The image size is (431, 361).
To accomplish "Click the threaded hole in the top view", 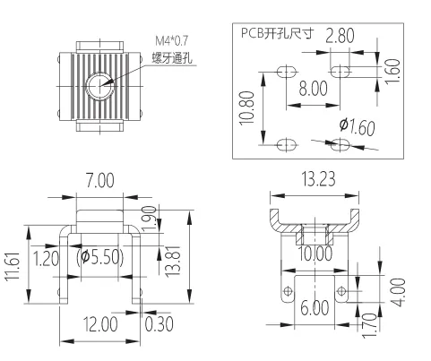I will (101, 86).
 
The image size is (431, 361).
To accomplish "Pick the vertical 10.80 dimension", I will (248, 106).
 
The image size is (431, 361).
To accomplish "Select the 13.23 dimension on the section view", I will (320, 178).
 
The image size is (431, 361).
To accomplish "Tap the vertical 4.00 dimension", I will (401, 292).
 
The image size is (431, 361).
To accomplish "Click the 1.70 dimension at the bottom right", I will (365, 321).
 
